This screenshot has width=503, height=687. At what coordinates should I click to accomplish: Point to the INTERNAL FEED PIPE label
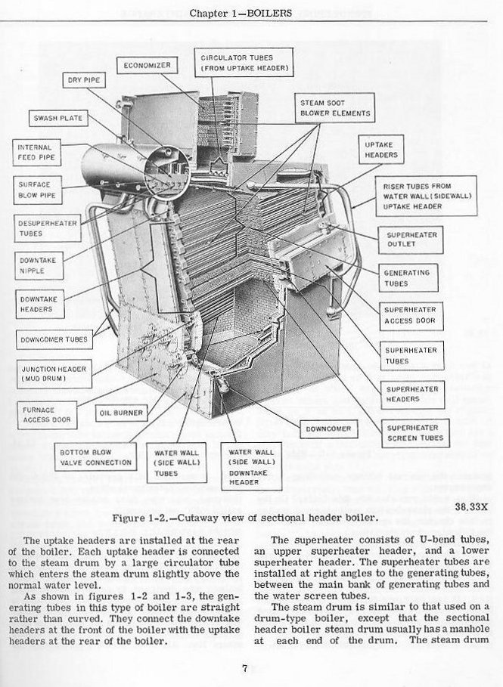click(35, 153)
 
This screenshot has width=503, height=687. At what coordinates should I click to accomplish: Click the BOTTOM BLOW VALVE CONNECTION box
click(96, 458)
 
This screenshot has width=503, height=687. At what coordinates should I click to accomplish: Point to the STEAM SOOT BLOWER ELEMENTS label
click(335, 108)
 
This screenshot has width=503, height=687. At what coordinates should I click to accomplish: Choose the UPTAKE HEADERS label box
click(380, 150)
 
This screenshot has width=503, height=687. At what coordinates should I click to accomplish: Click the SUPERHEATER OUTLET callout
click(411, 240)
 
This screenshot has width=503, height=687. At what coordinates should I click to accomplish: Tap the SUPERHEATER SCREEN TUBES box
click(415, 433)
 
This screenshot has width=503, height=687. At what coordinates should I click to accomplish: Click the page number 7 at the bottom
click(245, 668)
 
